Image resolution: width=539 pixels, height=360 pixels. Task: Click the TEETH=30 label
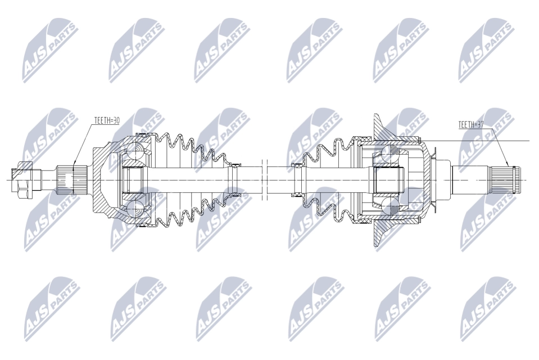click(x=107, y=120)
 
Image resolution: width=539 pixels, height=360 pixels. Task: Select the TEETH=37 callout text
click(x=471, y=125)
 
